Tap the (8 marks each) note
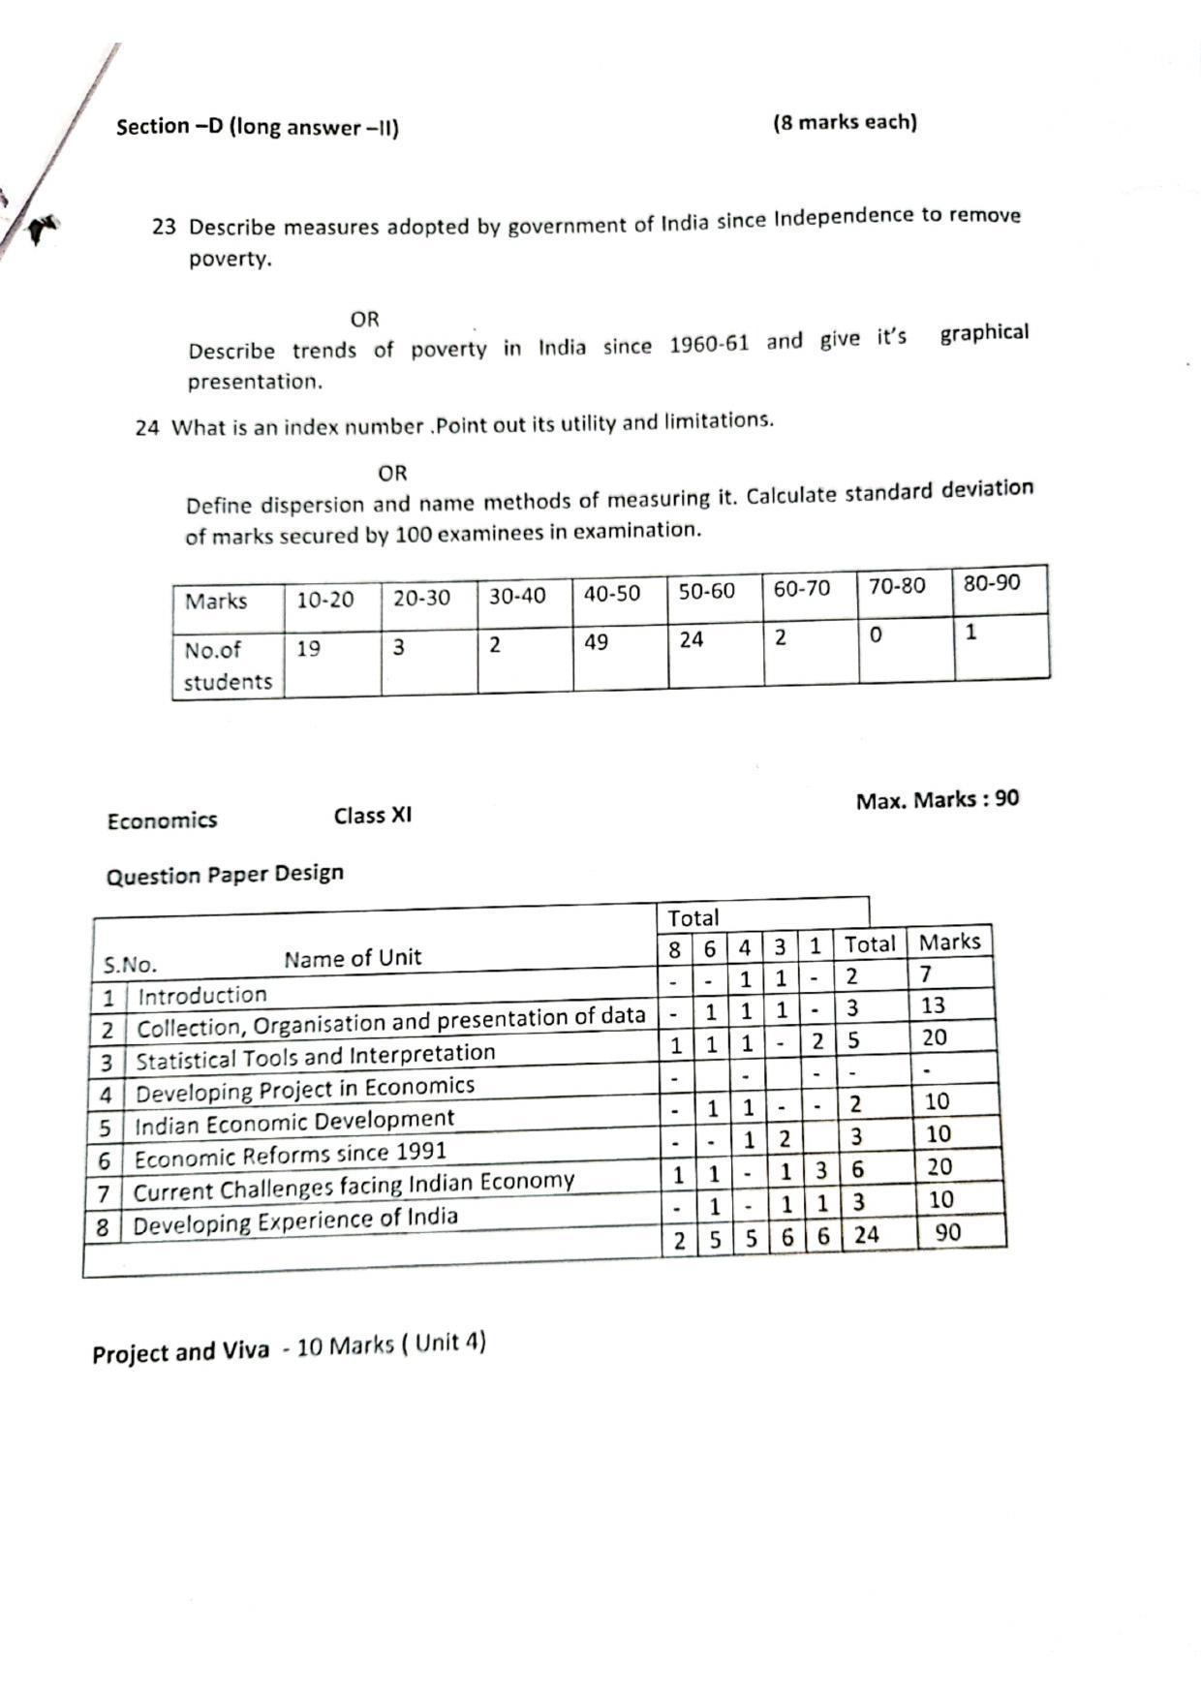(845, 122)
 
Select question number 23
(164, 227)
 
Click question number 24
(146, 427)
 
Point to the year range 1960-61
(709, 345)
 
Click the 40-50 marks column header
(611, 594)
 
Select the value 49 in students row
(596, 642)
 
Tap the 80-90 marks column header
(991, 583)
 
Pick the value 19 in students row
(308, 649)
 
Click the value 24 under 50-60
(691, 639)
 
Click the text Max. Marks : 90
(937, 800)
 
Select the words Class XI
(372, 816)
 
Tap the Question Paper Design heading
(225, 875)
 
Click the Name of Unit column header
(353, 958)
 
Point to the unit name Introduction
(201, 995)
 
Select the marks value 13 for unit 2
(933, 1005)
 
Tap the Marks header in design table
(949, 942)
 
